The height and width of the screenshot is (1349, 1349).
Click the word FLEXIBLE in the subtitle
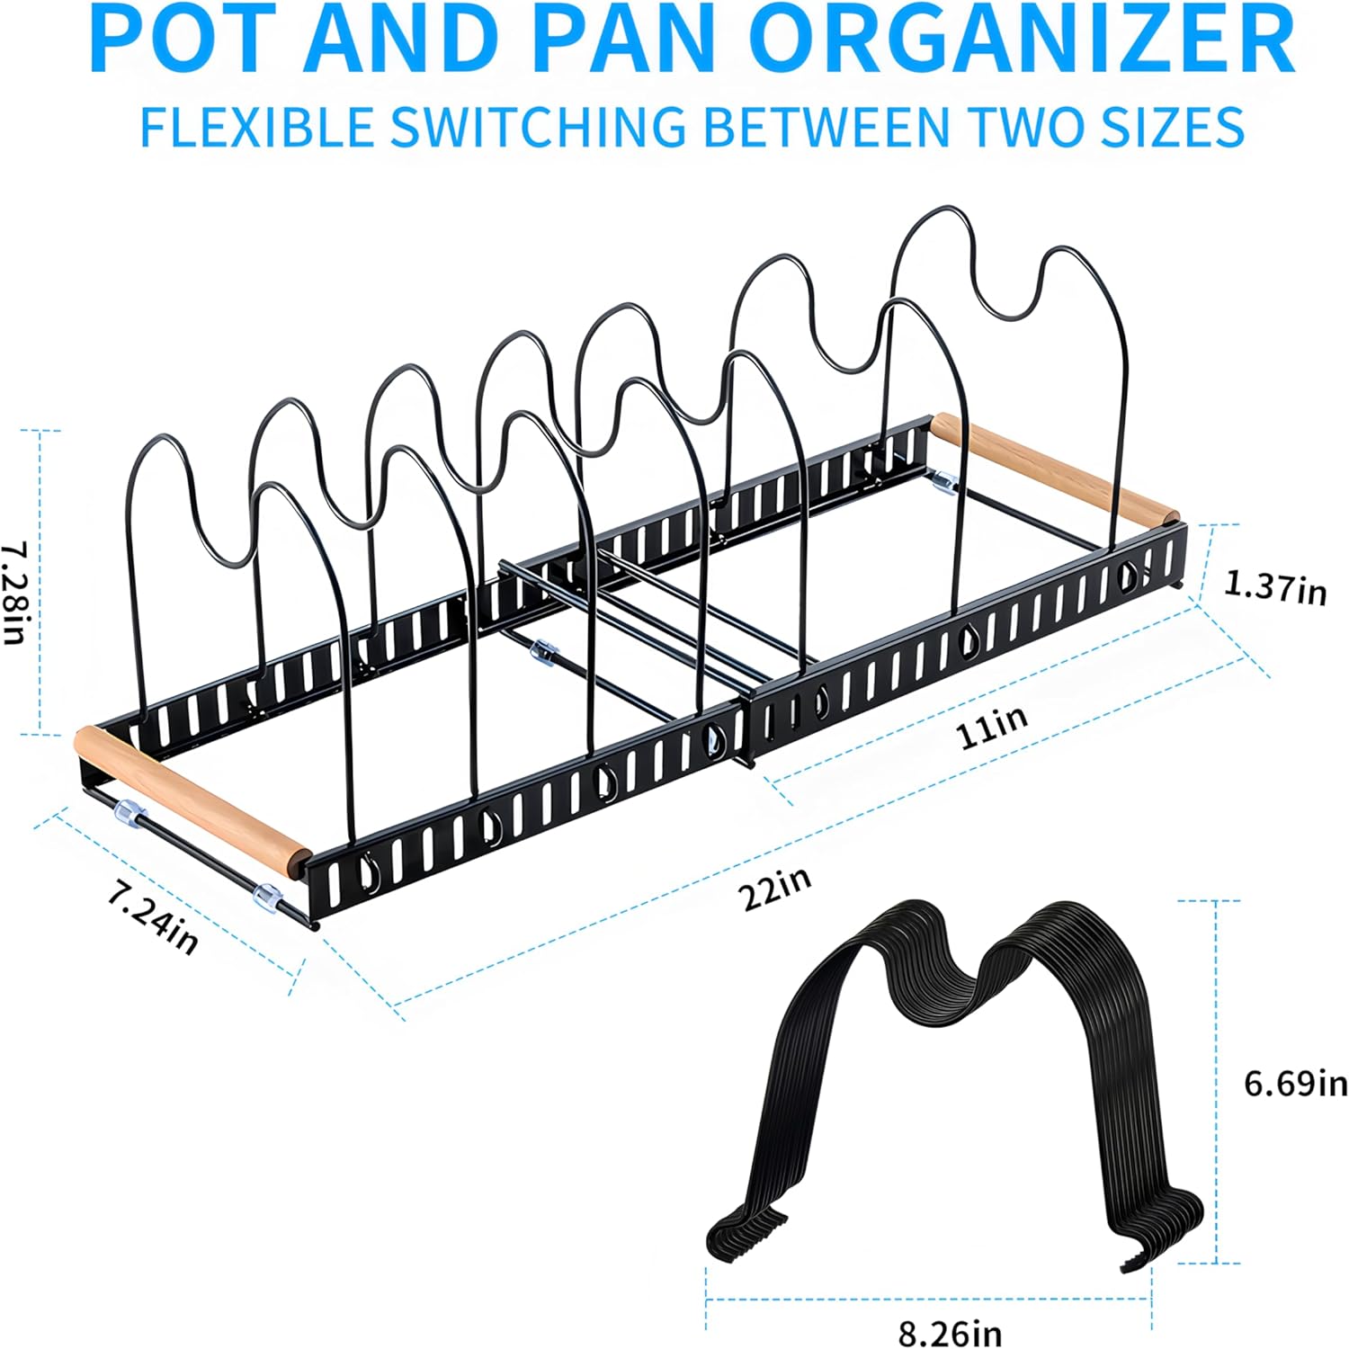coord(256,126)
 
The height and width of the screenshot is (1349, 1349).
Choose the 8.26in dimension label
coord(950,1331)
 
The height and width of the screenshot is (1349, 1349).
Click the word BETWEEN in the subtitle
coord(825,126)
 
